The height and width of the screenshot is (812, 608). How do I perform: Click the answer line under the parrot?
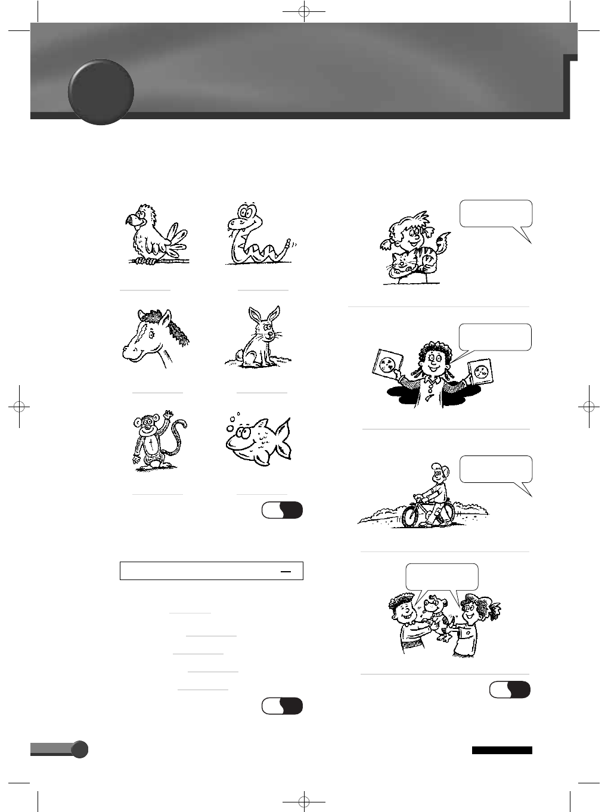pos(145,290)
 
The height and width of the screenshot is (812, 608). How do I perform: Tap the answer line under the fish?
pos(262,494)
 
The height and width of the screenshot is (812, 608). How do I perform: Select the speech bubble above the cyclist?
pos(496,470)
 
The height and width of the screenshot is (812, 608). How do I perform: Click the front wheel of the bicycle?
pos(412,514)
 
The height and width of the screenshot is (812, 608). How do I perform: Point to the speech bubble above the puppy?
pos(442,577)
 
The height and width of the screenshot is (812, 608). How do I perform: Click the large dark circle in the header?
pos(101,92)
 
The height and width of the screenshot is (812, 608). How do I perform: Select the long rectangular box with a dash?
pos(212,571)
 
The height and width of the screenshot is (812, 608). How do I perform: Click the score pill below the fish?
pos(282,510)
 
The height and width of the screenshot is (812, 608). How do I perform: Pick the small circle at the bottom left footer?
pos(79,749)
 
